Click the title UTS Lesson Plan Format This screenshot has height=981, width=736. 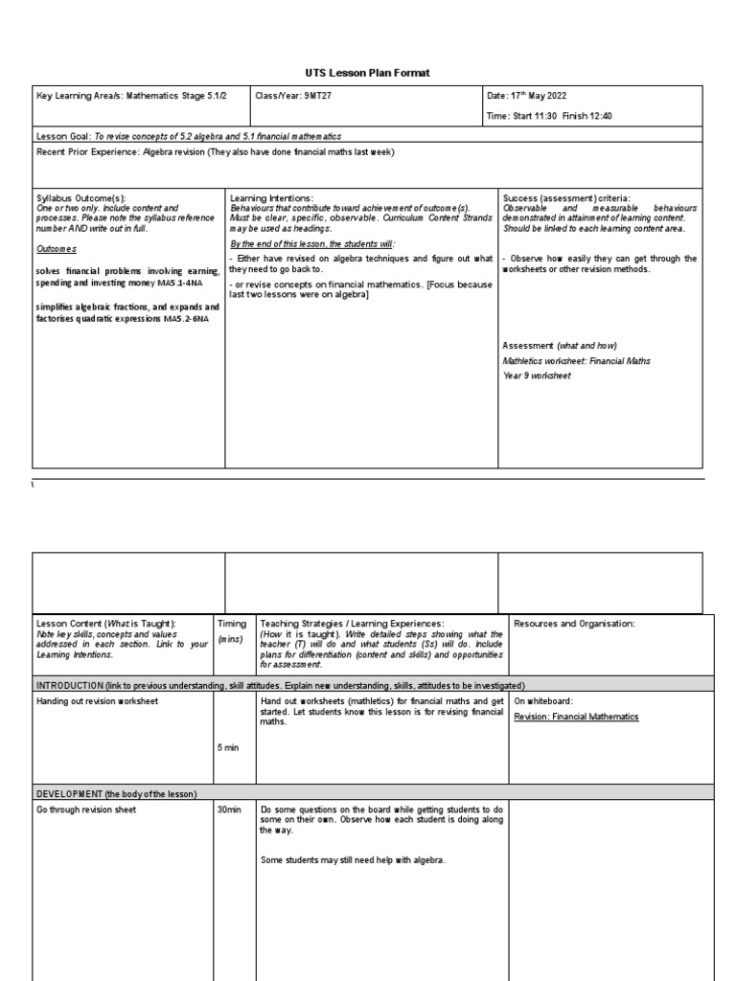point(368,73)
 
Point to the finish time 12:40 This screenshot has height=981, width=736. point(600,115)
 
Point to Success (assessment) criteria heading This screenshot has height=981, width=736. point(566,198)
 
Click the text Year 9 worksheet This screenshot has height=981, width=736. point(537,376)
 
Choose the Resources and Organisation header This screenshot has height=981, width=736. point(574,624)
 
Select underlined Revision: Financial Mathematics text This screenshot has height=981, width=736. point(576,716)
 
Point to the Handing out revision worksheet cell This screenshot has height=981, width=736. point(98,701)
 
